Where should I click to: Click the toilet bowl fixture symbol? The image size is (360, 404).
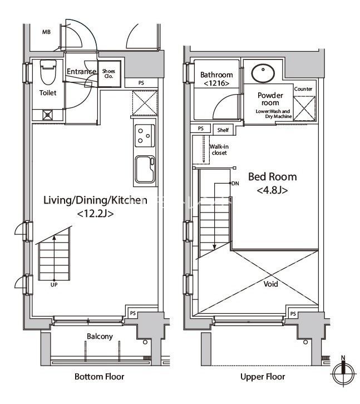[x=48, y=72]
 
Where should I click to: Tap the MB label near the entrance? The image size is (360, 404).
[x=46, y=32]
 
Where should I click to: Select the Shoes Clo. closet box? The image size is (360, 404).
[x=109, y=73]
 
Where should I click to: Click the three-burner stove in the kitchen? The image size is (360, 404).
[x=145, y=136]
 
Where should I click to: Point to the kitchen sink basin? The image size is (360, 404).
[x=145, y=169]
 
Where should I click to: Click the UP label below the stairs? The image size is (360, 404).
[x=54, y=285]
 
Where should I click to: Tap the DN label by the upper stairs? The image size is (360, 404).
[x=235, y=184]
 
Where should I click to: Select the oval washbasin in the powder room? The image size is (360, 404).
[x=263, y=73]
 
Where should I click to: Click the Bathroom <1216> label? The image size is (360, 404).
[x=216, y=79]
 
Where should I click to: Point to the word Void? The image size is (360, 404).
[x=270, y=284]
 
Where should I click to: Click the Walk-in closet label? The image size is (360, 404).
[x=219, y=150]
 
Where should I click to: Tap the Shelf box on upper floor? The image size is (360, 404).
[x=223, y=130]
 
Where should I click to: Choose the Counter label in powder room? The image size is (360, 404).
[x=303, y=89]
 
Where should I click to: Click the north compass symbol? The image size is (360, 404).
[x=343, y=371]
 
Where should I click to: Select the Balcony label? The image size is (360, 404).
[x=100, y=337]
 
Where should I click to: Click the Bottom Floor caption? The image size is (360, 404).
[x=99, y=377]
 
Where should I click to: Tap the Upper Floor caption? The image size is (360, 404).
[x=263, y=377]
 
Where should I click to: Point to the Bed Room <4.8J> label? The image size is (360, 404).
[x=273, y=183]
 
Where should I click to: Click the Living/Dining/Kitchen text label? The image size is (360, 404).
[x=95, y=200]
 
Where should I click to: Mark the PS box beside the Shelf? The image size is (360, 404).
[x=201, y=129]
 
